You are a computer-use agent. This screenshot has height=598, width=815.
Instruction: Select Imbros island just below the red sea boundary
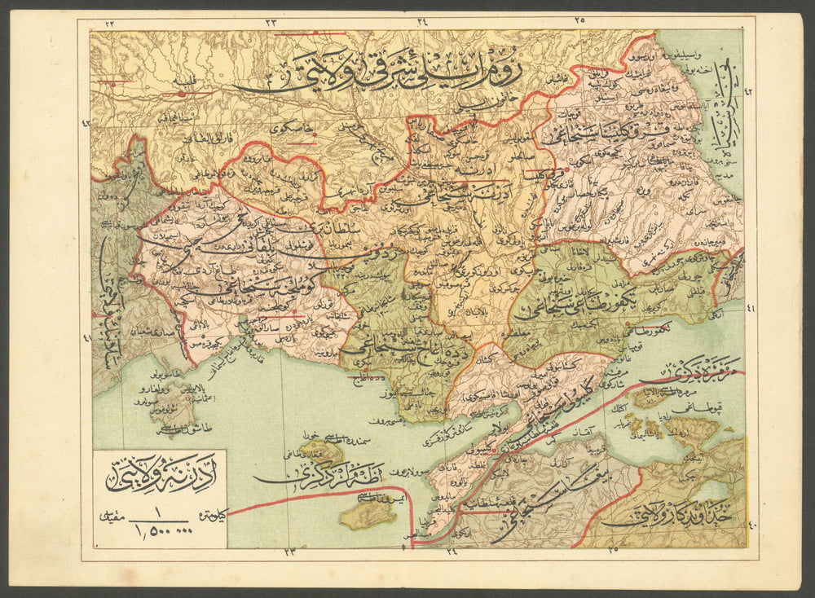367,514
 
